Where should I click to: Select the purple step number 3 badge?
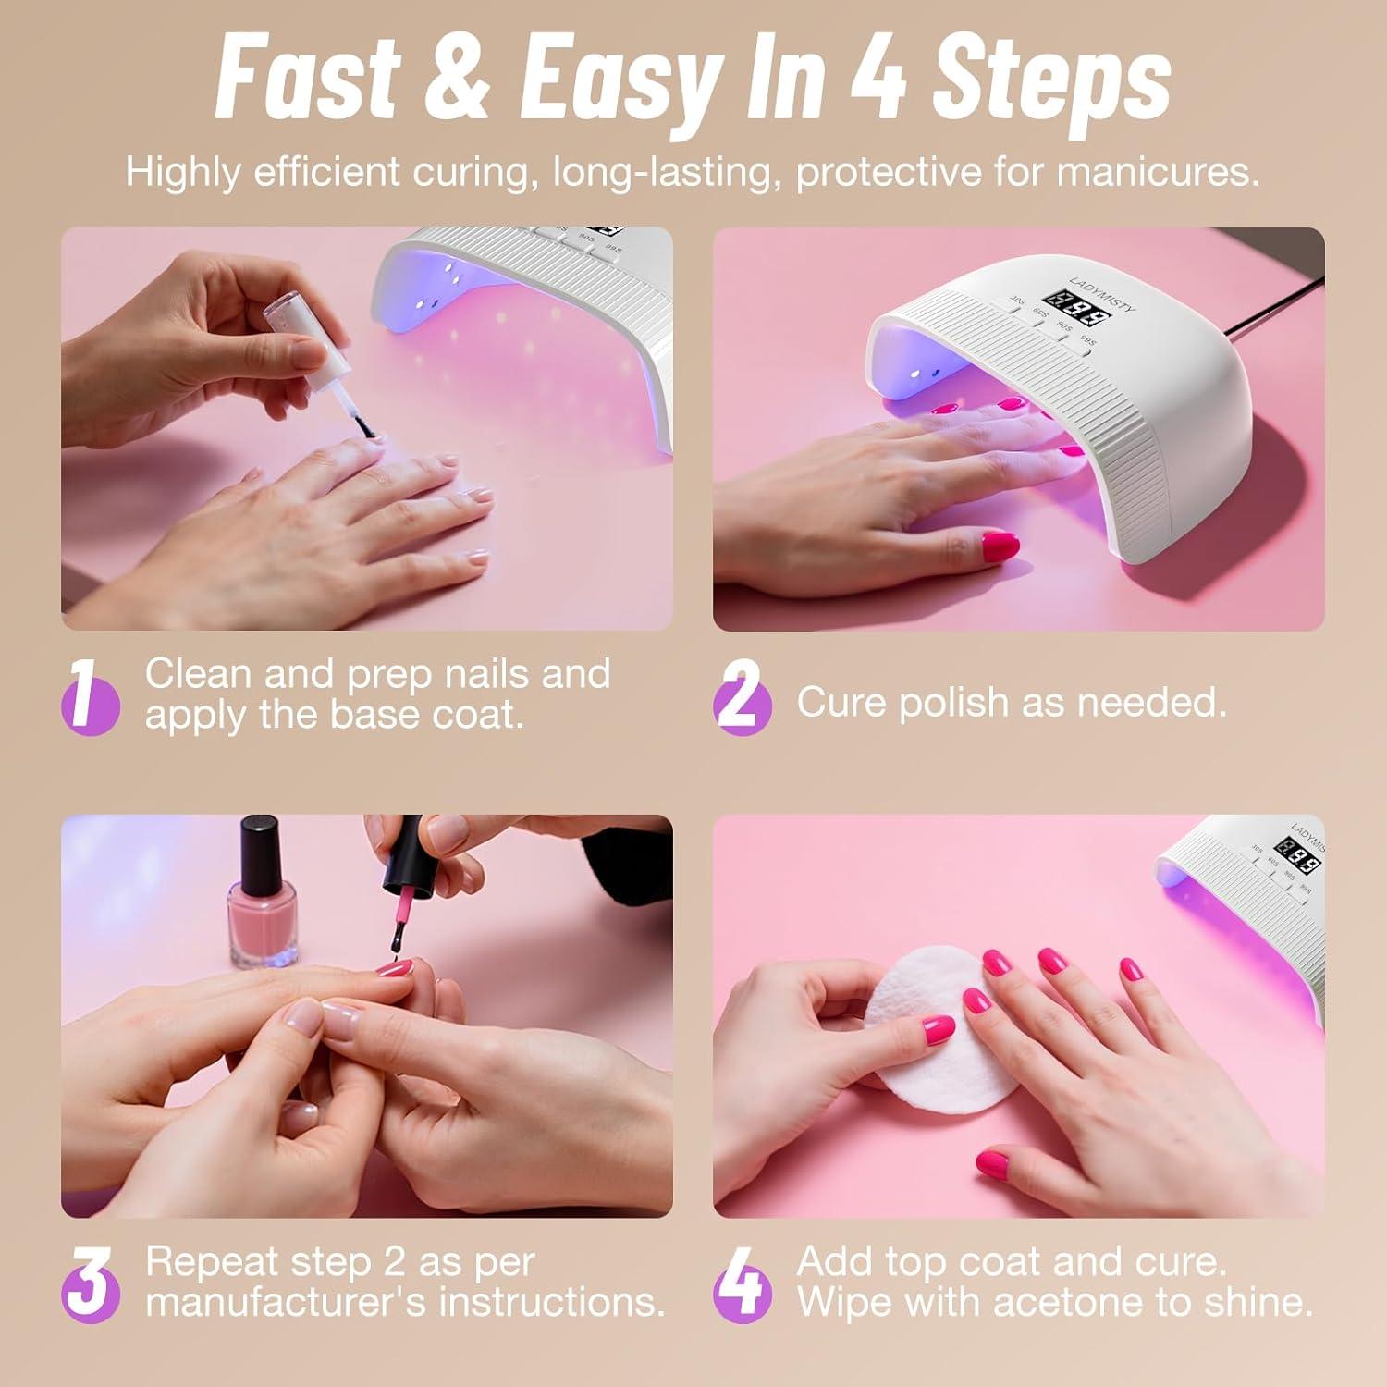tap(90, 1283)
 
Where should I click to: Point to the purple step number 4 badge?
tap(742, 1283)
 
